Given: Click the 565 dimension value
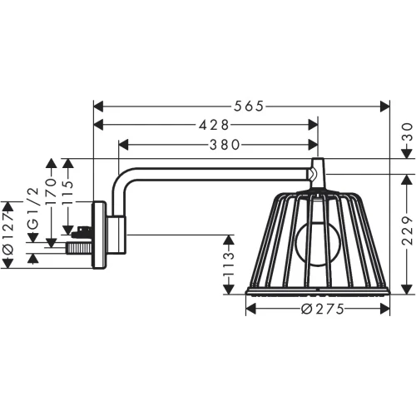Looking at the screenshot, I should (x=242, y=106).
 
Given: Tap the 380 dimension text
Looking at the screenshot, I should (x=218, y=144).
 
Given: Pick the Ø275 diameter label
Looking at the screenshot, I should (x=319, y=309).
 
